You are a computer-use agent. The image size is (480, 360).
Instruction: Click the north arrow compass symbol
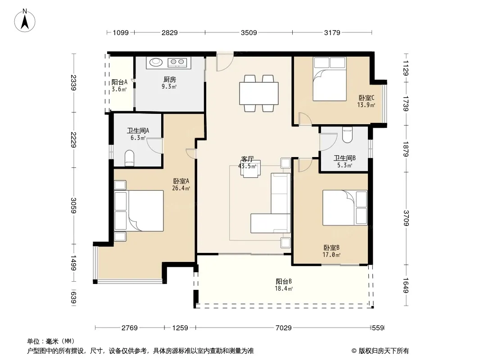tap(25, 20)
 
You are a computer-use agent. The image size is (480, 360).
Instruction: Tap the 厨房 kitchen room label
tap(169, 80)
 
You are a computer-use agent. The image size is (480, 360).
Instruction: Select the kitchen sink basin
tap(155, 62)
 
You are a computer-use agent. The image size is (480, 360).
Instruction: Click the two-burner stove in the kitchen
tap(177, 62)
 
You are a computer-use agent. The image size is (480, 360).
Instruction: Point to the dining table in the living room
tap(259, 93)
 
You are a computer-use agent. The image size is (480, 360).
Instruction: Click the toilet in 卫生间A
tap(130, 158)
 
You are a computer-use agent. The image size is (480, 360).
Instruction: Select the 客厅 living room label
tap(247, 159)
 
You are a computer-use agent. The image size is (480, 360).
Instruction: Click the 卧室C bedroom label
tap(367, 98)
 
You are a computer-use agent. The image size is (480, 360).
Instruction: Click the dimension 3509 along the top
tap(249, 32)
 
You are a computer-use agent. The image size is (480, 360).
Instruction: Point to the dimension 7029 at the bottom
tap(284, 328)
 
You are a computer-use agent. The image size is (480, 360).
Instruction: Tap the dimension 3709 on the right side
tap(406, 218)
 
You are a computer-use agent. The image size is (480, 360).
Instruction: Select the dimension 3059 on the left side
tap(73, 205)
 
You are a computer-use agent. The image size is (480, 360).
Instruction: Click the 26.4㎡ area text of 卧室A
tap(181, 188)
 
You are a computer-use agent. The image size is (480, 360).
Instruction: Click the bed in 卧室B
tap(345, 208)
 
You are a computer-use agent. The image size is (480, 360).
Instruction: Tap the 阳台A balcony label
tap(119, 82)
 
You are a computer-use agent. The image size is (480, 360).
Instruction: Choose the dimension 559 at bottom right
tap(378, 328)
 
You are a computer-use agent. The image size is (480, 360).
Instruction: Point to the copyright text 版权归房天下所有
tap(384, 351)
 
